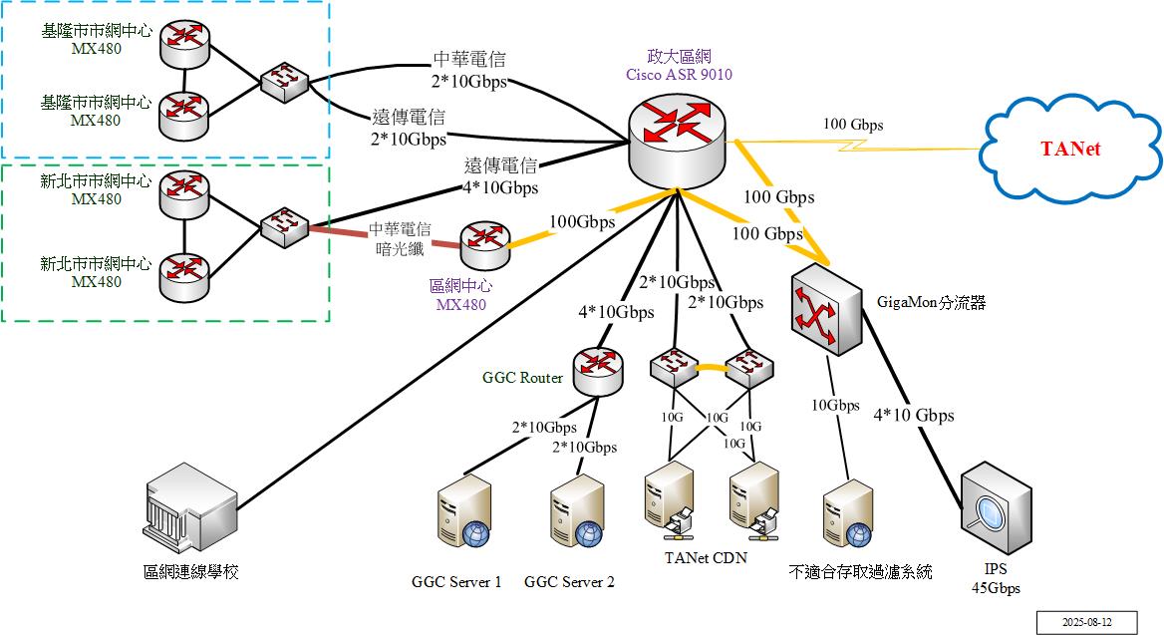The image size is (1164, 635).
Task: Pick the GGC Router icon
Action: click(x=598, y=371)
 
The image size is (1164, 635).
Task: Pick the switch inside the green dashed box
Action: click(x=284, y=227)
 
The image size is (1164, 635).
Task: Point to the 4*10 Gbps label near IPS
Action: click(x=914, y=415)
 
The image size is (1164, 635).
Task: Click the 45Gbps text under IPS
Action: click(x=996, y=588)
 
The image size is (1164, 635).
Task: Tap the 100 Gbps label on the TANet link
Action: click(x=852, y=125)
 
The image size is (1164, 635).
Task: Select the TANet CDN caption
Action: click(x=706, y=557)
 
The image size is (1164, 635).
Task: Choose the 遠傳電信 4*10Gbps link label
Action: click(x=501, y=176)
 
